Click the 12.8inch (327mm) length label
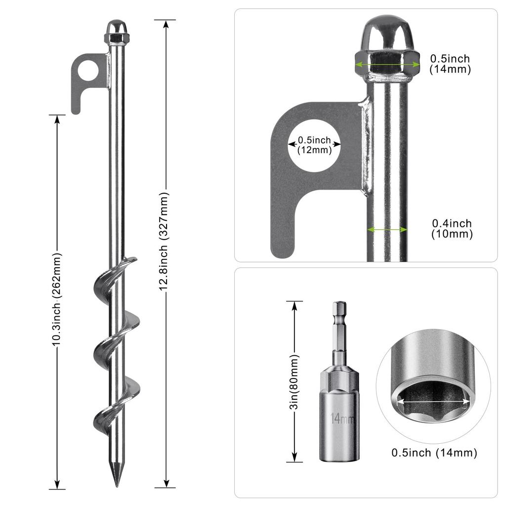pyautogui.click(x=165, y=253)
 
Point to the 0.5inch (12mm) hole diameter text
pyautogui.click(x=315, y=145)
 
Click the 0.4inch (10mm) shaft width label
pyautogui.click(x=452, y=229)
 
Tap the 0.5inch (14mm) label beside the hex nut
pyautogui.click(x=450, y=64)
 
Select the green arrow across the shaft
pyautogui.click(x=387, y=229)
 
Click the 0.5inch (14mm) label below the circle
pyautogui.click(x=434, y=453)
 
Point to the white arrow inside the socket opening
pyautogui.click(x=433, y=402)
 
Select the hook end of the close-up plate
pyautogui.click(x=284, y=237)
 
